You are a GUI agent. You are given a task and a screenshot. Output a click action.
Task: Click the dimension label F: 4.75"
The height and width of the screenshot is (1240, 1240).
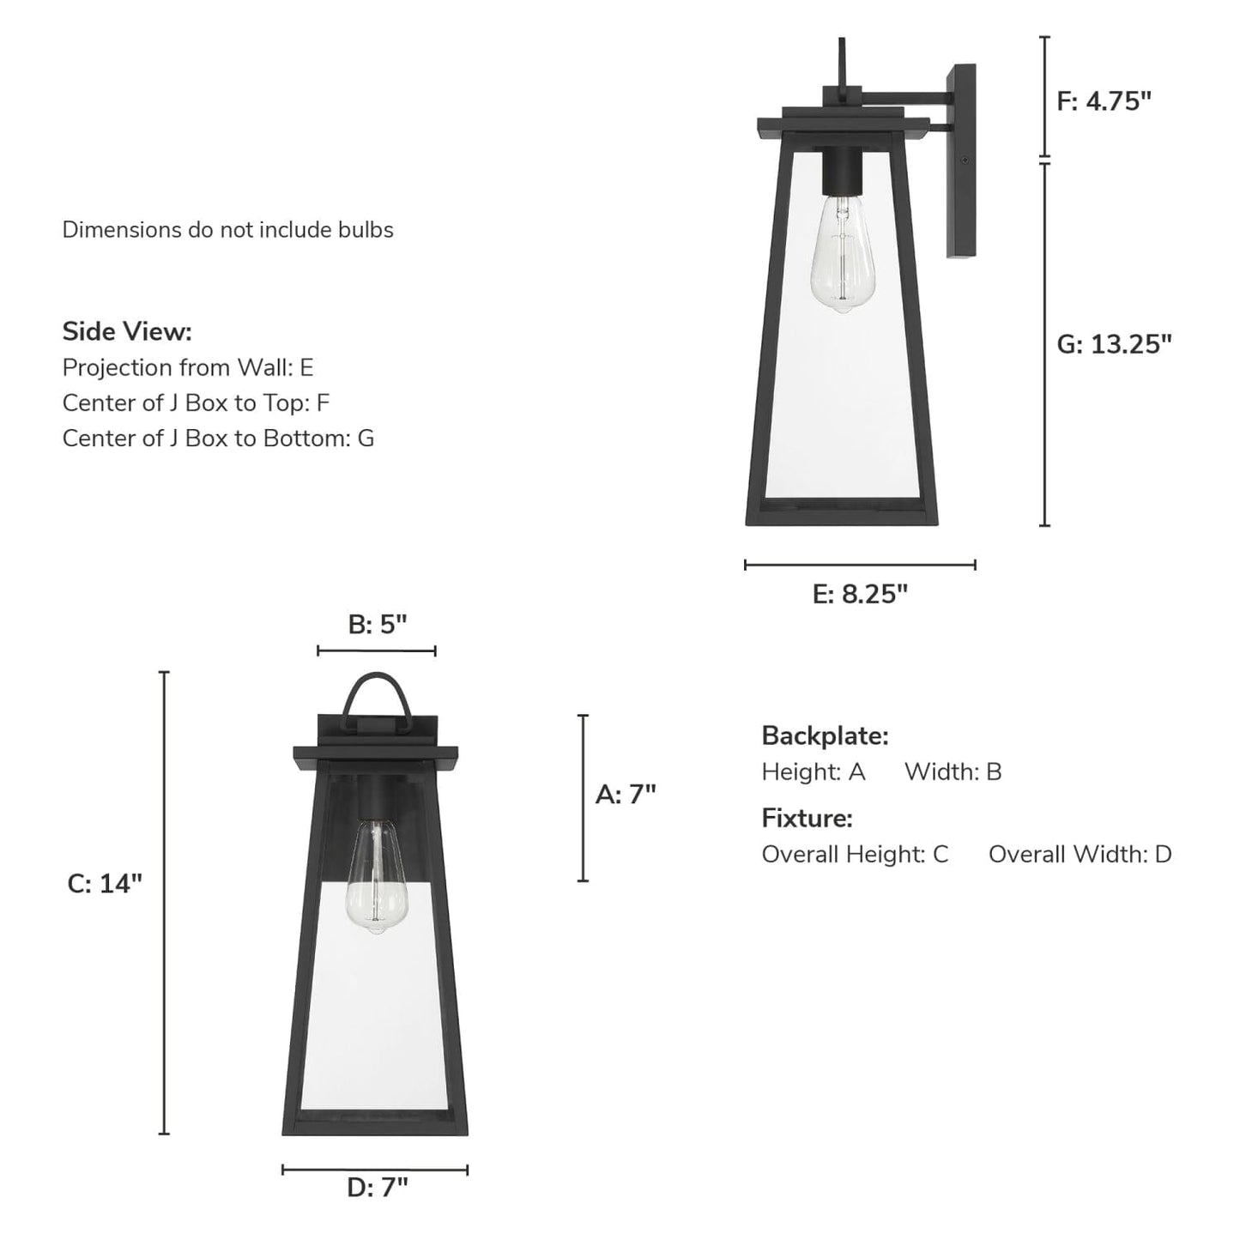[x=1104, y=101]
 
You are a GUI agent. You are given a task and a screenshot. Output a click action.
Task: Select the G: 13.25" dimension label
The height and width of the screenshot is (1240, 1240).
[x=1115, y=344]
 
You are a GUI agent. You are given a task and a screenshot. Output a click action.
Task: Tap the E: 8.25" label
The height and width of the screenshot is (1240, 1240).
[x=860, y=594]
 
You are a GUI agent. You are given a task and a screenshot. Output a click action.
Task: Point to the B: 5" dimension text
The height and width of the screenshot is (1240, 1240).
[x=378, y=624]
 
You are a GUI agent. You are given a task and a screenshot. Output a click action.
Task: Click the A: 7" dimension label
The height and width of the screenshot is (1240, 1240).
[x=626, y=794]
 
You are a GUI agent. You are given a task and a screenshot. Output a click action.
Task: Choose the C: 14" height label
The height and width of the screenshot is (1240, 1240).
[x=104, y=884]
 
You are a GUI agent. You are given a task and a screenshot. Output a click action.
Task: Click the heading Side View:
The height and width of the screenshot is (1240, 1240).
[x=127, y=331]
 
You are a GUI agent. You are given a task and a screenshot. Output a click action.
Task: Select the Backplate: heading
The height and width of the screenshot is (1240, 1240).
[x=825, y=735]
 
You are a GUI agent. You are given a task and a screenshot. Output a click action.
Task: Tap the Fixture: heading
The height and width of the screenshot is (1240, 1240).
[x=807, y=818]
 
